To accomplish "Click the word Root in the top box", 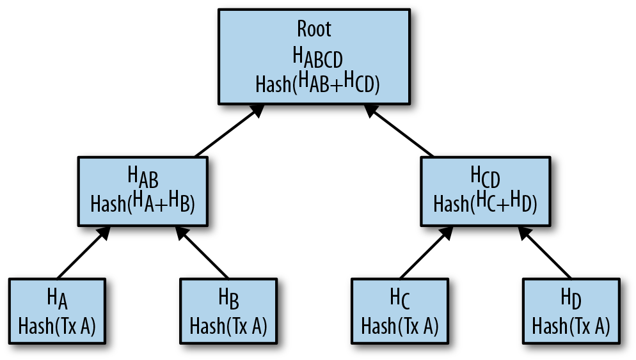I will point(314,29).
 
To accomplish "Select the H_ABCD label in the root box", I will point(318,58).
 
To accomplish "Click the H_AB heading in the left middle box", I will point(143,175).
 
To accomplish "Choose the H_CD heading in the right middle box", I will point(485,175).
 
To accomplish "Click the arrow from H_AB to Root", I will point(229,131).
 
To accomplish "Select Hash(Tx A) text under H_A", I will point(57,326).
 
